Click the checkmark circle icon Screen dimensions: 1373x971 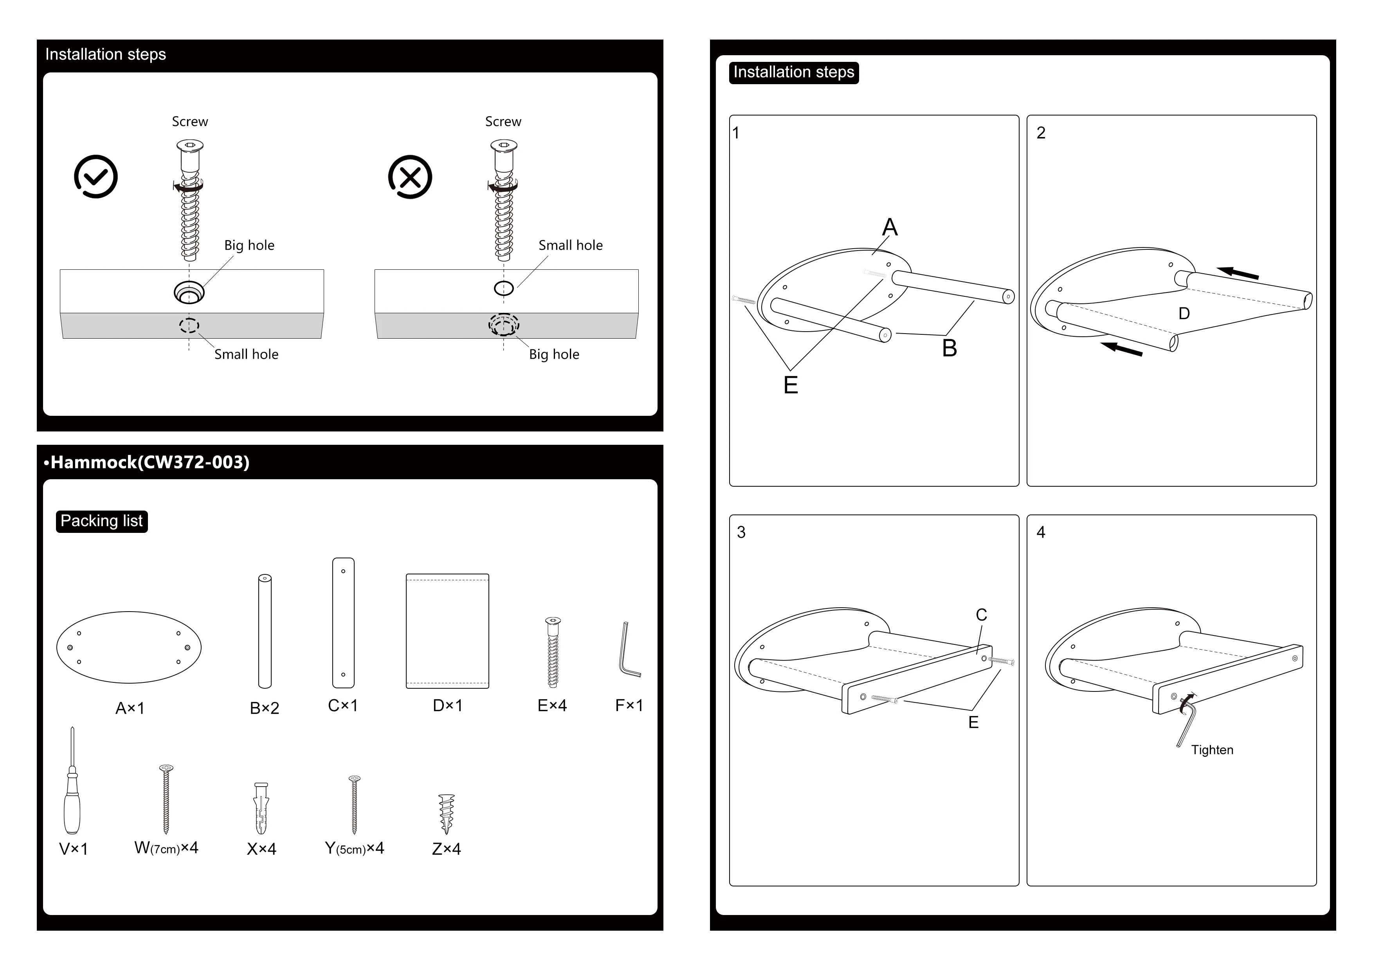tap(95, 177)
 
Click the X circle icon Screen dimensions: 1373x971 tap(410, 177)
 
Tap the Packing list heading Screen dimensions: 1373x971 tap(102, 521)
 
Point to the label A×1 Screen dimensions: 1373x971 tap(130, 708)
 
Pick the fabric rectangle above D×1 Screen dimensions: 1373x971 tap(447, 631)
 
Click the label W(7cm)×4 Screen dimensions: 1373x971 tap(166, 848)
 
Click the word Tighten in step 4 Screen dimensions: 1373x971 tap(1212, 750)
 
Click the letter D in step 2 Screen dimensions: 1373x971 tap(1184, 314)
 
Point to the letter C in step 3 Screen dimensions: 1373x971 tap(981, 615)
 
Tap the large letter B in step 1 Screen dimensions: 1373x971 tap(950, 348)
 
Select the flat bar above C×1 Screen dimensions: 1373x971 tap(343, 623)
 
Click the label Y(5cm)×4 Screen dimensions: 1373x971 tap(355, 848)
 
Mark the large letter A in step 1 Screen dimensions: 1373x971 tap(890, 227)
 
